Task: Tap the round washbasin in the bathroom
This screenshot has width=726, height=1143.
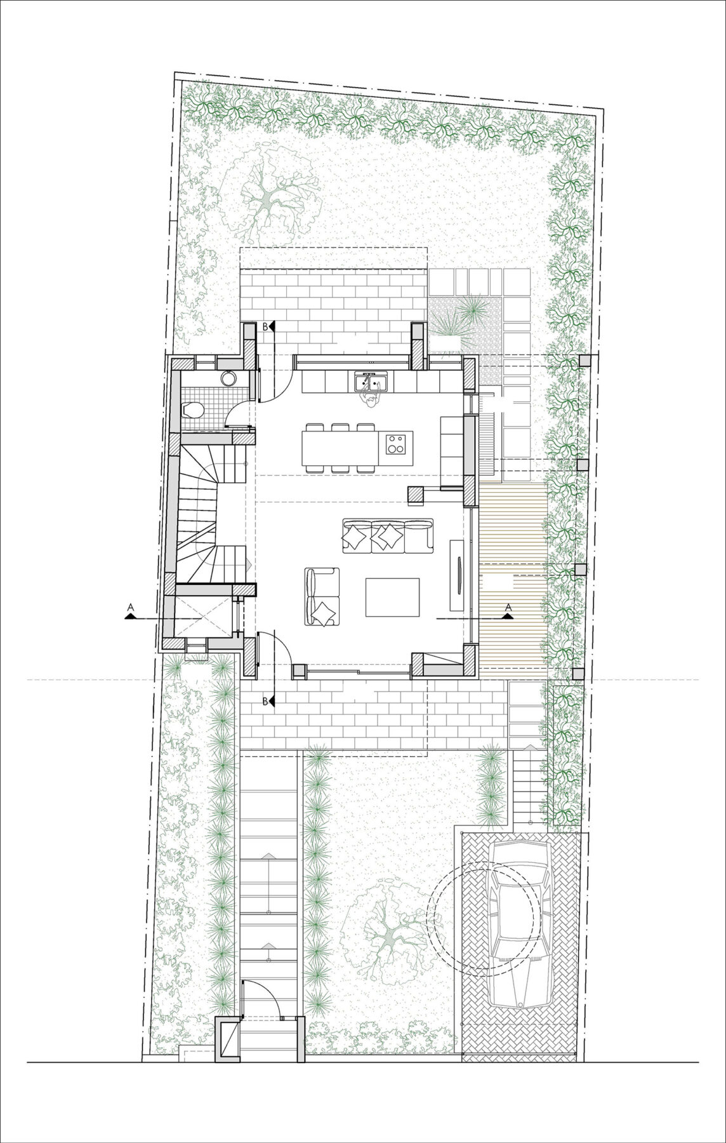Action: click(x=228, y=378)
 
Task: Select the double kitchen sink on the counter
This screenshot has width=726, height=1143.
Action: click(x=372, y=384)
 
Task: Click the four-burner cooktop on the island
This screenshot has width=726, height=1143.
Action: click(x=397, y=443)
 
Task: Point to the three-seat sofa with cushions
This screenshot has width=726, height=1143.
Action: click(x=387, y=535)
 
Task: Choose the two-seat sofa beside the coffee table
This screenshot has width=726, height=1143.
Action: click(x=323, y=598)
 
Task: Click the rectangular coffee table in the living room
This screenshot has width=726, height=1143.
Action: click(x=392, y=597)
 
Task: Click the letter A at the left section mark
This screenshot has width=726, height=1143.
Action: click(x=130, y=608)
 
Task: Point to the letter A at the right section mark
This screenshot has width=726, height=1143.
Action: click(x=508, y=608)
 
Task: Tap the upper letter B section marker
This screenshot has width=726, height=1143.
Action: click(x=265, y=326)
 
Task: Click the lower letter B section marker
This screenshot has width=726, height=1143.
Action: click(x=265, y=701)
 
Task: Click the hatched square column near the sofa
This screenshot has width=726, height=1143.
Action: click(x=416, y=495)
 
